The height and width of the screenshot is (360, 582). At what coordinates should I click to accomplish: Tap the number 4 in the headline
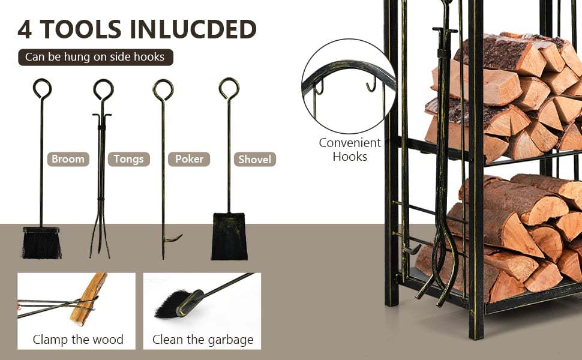point(25,29)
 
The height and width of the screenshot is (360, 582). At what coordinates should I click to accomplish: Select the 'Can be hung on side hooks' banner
point(95,57)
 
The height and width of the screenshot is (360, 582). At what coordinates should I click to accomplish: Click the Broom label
point(68,159)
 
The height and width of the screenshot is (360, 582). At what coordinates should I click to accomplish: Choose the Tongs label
point(128,159)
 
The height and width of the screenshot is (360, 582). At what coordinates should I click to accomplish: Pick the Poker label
point(189,159)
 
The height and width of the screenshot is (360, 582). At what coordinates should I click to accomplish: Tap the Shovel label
point(254,160)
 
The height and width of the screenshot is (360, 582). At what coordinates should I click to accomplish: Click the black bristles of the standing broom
point(41,245)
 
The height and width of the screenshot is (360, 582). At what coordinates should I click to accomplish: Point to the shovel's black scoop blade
point(229,237)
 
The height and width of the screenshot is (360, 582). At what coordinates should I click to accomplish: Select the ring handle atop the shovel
point(229,88)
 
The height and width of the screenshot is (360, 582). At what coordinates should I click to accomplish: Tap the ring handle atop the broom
point(42,88)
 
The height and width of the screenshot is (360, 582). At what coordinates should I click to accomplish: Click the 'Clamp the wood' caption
point(78,340)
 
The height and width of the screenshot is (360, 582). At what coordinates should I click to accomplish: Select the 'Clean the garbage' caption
point(203,340)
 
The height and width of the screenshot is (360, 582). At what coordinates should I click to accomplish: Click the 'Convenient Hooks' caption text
point(350,149)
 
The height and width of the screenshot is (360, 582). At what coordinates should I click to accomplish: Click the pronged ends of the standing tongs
point(100,243)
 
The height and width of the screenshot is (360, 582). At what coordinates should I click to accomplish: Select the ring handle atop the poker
point(163,89)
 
